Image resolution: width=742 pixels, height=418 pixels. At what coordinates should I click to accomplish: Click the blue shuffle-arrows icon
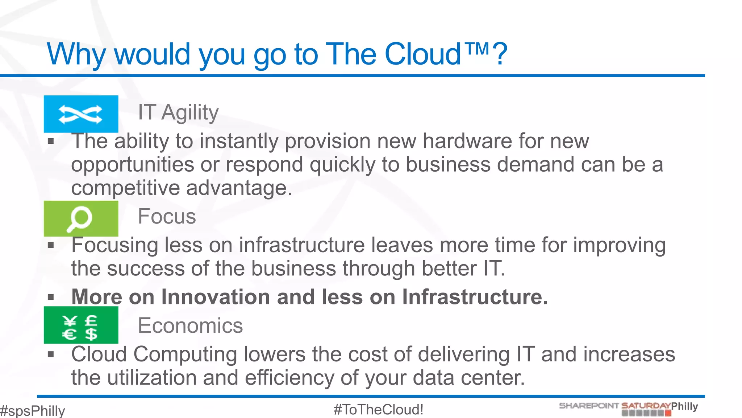coord(81,114)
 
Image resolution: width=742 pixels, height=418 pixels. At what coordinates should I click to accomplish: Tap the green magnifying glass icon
coord(80,218)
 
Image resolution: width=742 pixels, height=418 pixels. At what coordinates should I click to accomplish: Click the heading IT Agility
coord(178,112)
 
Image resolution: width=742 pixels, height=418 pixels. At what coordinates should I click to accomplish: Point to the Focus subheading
coord(167,217)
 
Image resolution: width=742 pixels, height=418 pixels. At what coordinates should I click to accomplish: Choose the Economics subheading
coord(190,325)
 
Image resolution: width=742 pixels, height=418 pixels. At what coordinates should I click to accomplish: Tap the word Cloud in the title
coord(422,54)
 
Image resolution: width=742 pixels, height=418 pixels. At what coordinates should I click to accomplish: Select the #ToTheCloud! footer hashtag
coord(378,410)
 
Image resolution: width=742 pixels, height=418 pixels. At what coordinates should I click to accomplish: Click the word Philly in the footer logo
coord(684,406)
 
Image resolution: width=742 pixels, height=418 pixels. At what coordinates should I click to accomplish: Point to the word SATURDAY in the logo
coord(646,406)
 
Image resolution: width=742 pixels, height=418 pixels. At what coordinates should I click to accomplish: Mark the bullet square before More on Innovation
coord(51,298)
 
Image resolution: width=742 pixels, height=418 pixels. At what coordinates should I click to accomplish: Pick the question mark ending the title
coord(500,54)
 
